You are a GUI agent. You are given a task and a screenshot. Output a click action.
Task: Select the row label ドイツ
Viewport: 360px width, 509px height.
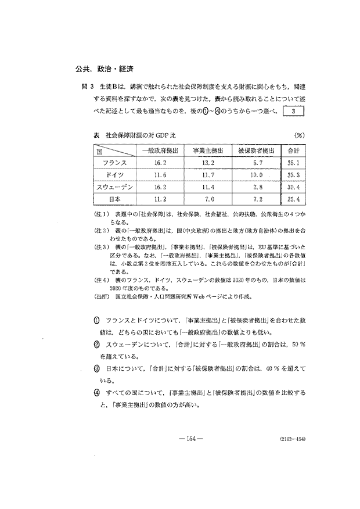[114, 174]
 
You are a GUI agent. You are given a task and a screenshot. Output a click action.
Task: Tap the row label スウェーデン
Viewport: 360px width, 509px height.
[114, 187]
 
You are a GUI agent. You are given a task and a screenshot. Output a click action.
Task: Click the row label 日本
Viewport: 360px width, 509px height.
[114, 199]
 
